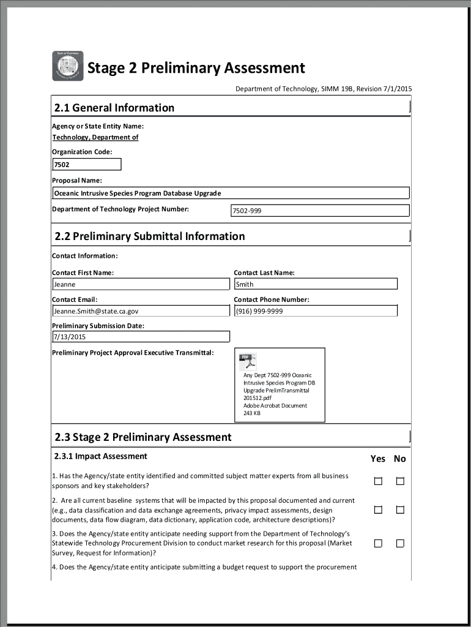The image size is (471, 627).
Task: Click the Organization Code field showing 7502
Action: [86, 164]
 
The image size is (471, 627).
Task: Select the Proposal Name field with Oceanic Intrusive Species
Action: [231, 193]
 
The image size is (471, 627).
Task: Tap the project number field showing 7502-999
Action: [319, 211]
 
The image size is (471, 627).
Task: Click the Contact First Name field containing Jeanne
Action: [141, 284]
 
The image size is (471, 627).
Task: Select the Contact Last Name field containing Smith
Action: [316, 284]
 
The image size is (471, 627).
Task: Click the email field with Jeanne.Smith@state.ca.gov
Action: [141, 311]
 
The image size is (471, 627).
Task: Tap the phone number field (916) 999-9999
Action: [316, 311]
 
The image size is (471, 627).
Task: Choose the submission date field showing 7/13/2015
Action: [141, 337]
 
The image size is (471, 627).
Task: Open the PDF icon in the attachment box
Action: [248, 361]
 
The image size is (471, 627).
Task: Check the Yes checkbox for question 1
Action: [378, 481]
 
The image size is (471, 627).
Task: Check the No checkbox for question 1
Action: [400, 481]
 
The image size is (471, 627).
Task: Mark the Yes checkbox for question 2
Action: [378, 509]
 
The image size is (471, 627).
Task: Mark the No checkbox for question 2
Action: [400, 509]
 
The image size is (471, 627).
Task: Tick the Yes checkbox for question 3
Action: [378, 543]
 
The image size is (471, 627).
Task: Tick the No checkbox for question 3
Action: [400, 543]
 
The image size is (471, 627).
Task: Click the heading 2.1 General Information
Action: [114, 108]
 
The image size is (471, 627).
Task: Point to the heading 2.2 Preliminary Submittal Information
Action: [150, 236]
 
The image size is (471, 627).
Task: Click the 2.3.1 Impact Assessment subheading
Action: [100, 456]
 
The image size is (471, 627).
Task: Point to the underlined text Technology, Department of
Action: [95, 137]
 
